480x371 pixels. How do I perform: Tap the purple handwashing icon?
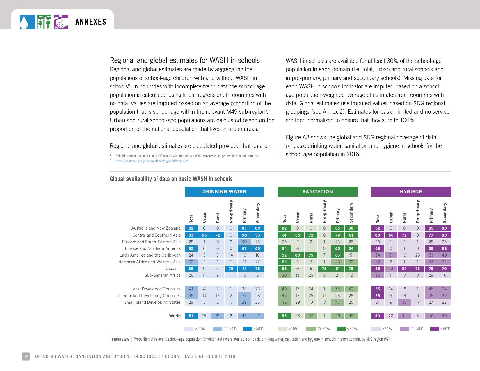(x=61, y=22)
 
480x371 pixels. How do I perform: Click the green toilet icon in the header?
(x=44, y=22)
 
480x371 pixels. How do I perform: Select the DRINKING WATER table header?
(x=224, y=191)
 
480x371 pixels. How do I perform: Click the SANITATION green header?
(x=317, y=191)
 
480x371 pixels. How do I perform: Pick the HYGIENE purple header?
(x=411, y=191)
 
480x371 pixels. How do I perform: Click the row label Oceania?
(x=173, y=269)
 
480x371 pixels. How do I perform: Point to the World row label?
(x=175, y=316)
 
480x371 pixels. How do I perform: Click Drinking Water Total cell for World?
(x=191, y=316)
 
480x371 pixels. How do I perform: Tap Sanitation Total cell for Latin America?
(x=284, y=255)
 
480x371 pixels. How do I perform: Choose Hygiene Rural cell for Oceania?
(x=404, y=269)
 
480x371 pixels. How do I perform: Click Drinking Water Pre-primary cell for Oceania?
(x=231, y=269)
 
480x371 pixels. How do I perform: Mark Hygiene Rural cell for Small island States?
(x=404, y=302)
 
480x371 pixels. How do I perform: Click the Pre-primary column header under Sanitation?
(x=324, y=211)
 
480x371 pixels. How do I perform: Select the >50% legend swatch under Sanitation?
(x=341, y=329)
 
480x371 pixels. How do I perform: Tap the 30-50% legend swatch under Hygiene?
(x=405, y=329)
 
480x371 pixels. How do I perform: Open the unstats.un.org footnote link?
(x=152, y=161)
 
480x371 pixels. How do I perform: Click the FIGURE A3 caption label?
(x=120, y=339)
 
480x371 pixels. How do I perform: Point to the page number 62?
(x=26, y=356)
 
